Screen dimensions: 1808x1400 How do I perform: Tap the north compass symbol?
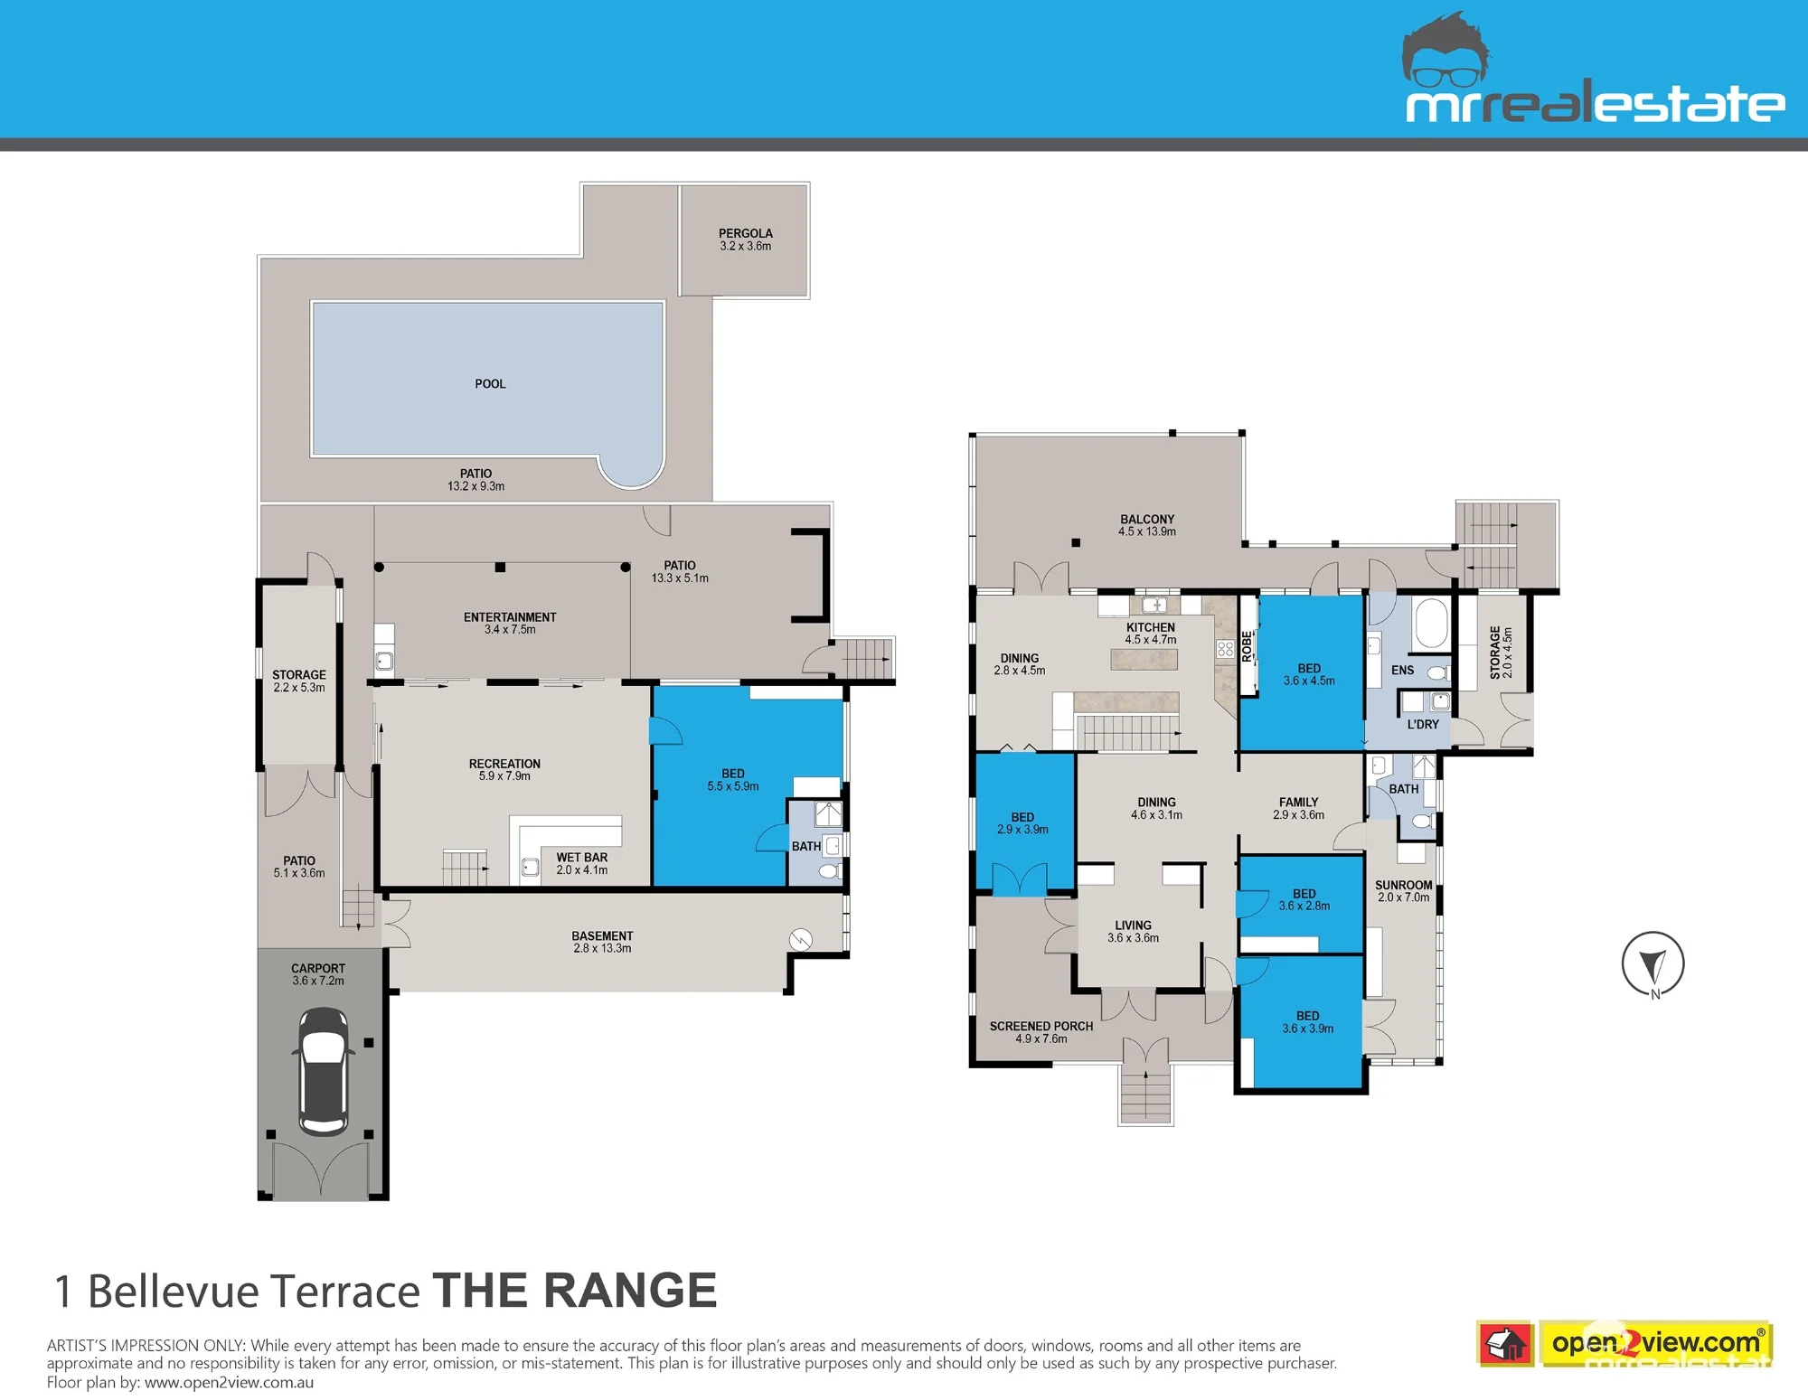(1653, 964)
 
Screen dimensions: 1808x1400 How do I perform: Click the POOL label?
(490, 384)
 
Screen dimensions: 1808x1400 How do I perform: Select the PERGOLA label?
(746, 233)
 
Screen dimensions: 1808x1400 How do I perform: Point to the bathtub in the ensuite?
(1430, 623)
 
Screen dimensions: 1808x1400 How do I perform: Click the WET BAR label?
(582, 857)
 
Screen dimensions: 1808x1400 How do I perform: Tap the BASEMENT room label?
(602, 935)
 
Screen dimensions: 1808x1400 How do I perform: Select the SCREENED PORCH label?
(1041, 1026)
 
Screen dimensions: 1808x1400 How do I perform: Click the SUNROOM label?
(1404, 885)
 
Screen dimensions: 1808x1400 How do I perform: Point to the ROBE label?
(1248, 646)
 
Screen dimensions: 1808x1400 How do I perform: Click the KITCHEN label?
(1151, 627)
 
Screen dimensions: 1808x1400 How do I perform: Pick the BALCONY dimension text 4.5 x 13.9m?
(1147, 531)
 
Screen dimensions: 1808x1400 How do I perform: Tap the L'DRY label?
(1423, 724)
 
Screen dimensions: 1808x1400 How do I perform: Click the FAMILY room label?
(1299, 802)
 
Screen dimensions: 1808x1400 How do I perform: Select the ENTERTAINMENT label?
(510, 617)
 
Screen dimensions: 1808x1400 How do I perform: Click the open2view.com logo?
(1624, 1344)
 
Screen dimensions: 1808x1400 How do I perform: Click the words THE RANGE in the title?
(575, 1290)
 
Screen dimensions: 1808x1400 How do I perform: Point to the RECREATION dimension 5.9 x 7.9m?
(504, 775)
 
